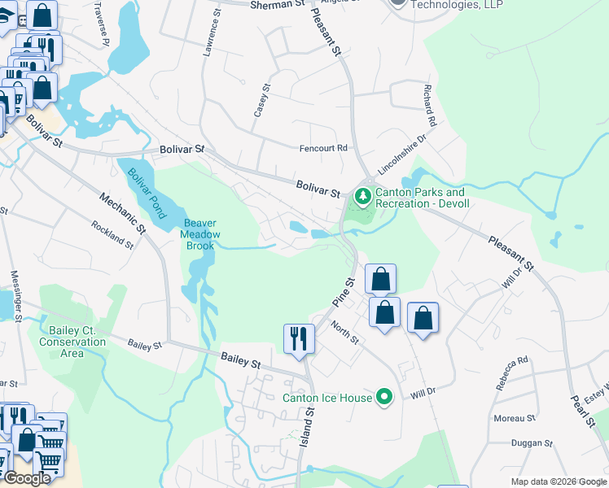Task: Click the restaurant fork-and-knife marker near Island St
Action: click(x=299, y=338)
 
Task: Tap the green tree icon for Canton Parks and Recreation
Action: click(x=361, y=196)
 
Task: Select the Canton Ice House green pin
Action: click(x=385, y=398)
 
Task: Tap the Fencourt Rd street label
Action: click(x=323, y=148)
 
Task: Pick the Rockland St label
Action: click(x=112, y=234)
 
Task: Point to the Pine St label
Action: click(x=344, y=292)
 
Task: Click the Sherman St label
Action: click(x=276, y=4)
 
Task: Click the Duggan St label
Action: click(x=532, y=444)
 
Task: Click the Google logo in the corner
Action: click(x=26, y=478)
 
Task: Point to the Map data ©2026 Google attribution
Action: click(x=559, y=481)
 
